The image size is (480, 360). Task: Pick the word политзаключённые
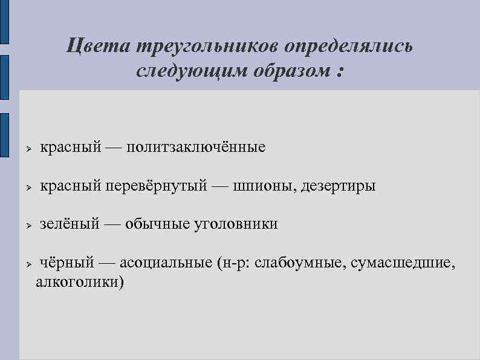(196, 147)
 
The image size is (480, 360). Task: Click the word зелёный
(69, 224)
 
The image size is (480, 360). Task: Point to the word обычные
(157, 224)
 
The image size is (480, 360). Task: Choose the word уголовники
(236, 224)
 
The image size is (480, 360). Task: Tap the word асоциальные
(166, 263)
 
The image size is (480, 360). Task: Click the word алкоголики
(80, 282)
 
